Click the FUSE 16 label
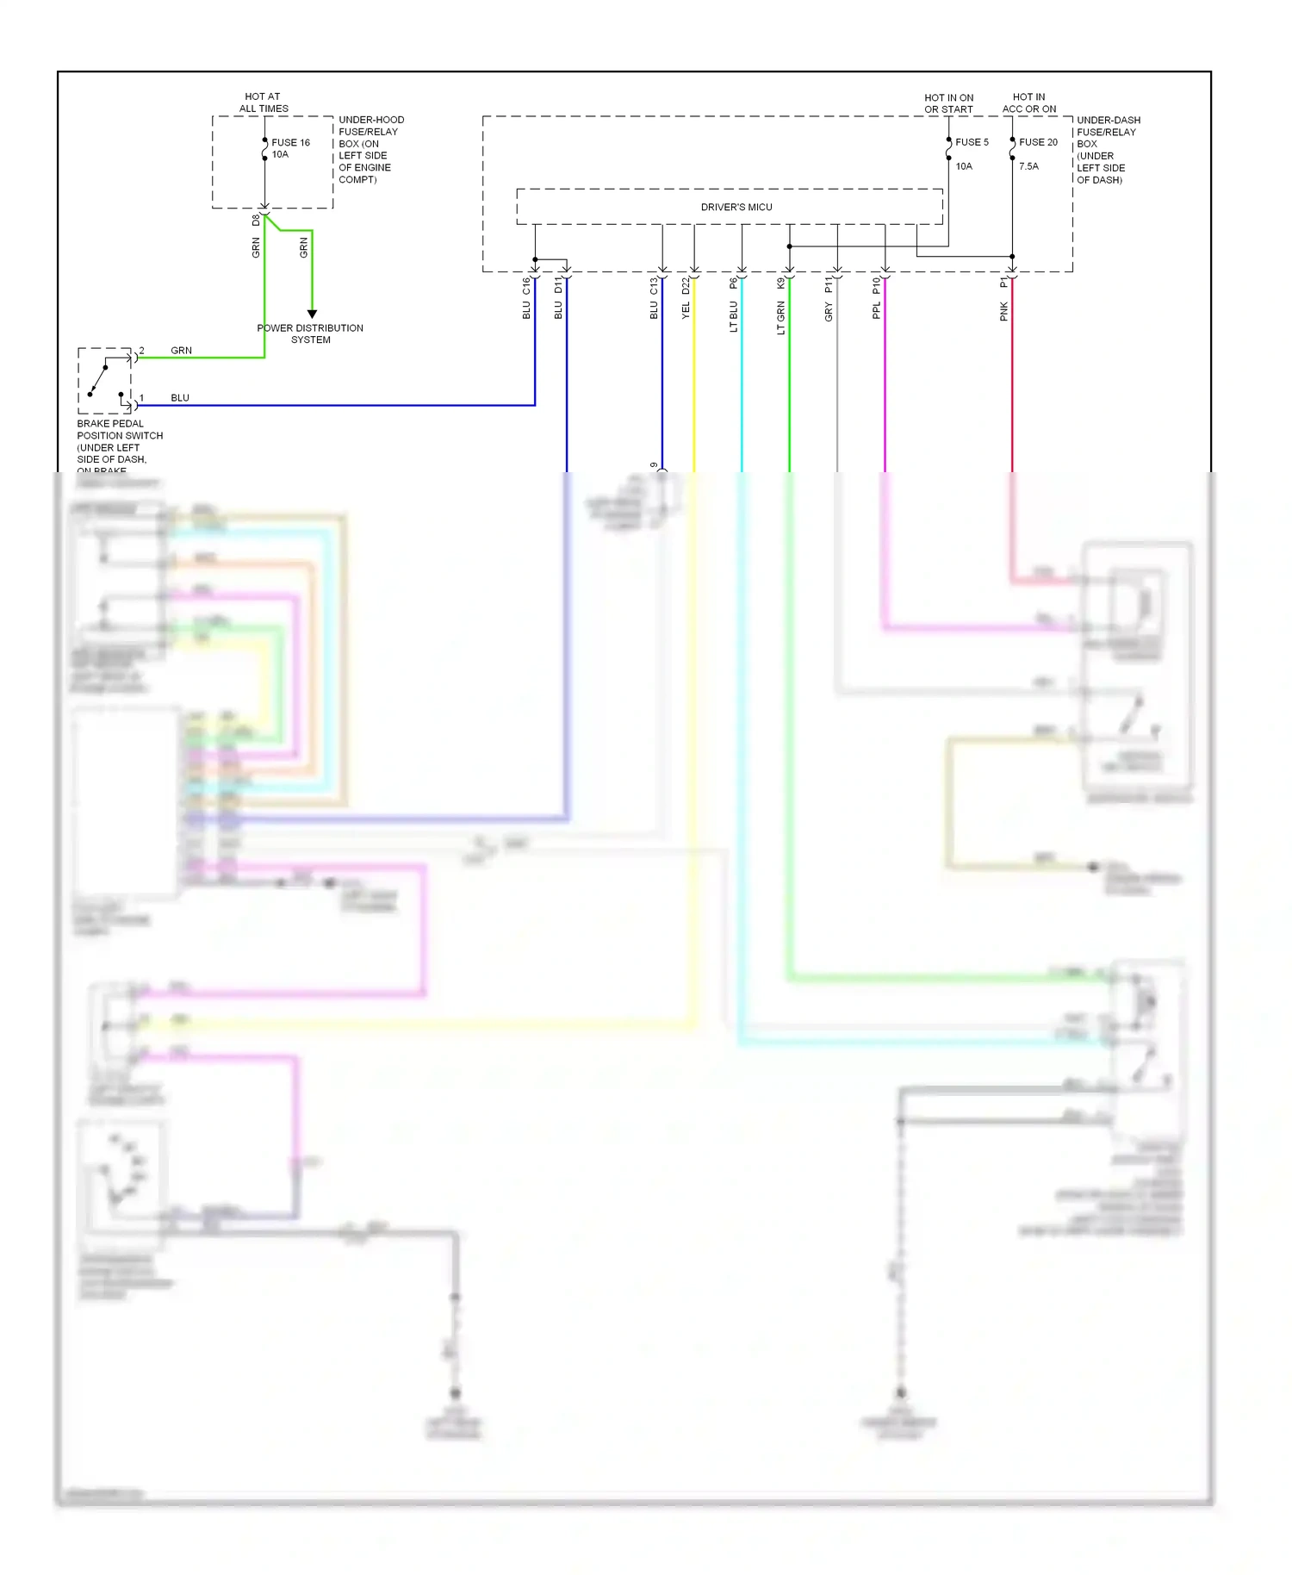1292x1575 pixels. pos(290,143)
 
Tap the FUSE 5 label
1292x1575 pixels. pos(972,142)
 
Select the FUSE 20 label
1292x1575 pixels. pos(1038,142)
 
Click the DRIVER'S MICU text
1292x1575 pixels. pos(736,208)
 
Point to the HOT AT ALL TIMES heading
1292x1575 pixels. pos(263,103)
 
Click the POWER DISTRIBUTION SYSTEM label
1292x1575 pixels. pos(310,334)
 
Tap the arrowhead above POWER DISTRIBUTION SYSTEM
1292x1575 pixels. pos(312,314)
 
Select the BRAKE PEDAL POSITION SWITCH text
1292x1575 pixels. pos(119,430)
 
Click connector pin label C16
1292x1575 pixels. pos(525,285)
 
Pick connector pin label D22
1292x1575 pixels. pos(686,285)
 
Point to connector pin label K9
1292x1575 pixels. pos(781,283)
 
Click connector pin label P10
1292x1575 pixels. pos(876,284)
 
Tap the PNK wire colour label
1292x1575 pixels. pos(1003,312)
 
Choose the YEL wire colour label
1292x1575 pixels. pos(686,310)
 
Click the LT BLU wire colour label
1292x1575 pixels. pos(734,316)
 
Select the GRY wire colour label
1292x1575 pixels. pos(829,312)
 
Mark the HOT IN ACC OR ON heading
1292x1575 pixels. pos(1028,103)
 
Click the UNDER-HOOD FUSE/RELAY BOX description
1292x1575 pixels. pos(370,150)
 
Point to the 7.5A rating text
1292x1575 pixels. pos(1028,166)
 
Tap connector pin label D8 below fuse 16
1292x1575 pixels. pos(255,221)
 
